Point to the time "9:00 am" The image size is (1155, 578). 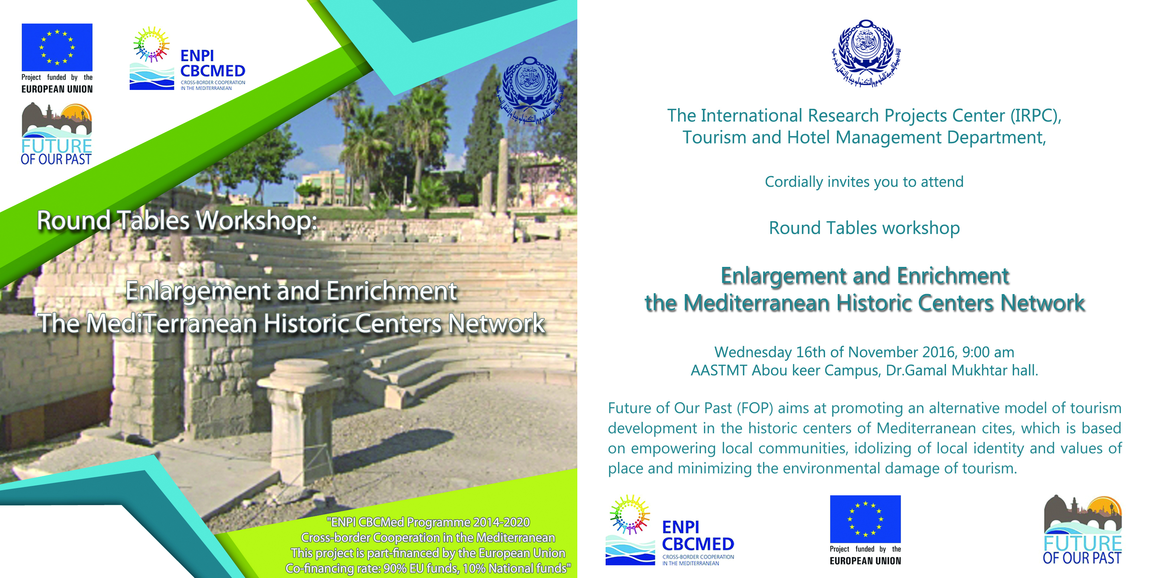[988, 352]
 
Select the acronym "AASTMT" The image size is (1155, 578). [719, 371]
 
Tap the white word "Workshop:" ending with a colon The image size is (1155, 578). [256, 221]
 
